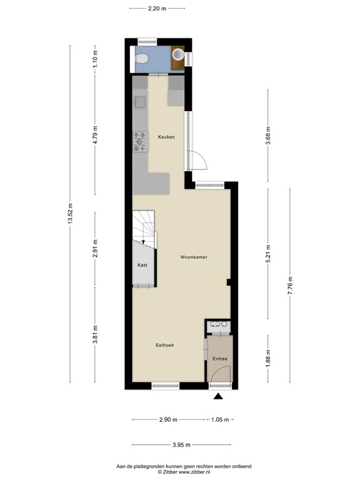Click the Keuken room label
pos(166,137)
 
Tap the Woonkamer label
pos(194,257)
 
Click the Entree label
pos(219,358)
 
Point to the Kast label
pos(142,265)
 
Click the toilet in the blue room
pos(142,59)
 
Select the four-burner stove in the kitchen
pos(139,142)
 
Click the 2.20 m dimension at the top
pos(157,8)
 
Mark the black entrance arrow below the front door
pos(218,396)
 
